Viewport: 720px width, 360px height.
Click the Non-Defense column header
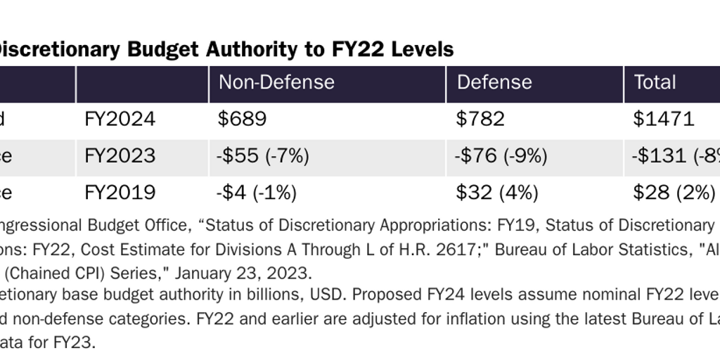click(x=276, y=82)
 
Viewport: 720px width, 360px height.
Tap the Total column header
click(x=655, y=82)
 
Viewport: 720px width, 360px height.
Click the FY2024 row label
click(x=120, y=119)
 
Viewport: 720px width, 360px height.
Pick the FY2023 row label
click(x=120, y=155)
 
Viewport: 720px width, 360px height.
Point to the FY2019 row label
click(x=120, y=192)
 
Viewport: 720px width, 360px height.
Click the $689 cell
click(x=243, y=119)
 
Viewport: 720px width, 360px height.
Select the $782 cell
click(x=480, y=119)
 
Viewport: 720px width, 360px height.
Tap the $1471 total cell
click(x=664, y=119)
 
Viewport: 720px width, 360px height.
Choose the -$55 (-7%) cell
click(x=264, y=155)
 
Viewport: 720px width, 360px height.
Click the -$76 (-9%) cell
click(x=501, y=155)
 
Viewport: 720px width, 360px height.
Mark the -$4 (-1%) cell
click(x=257, y=192)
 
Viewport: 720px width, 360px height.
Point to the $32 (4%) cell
click(x=496, y=192)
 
